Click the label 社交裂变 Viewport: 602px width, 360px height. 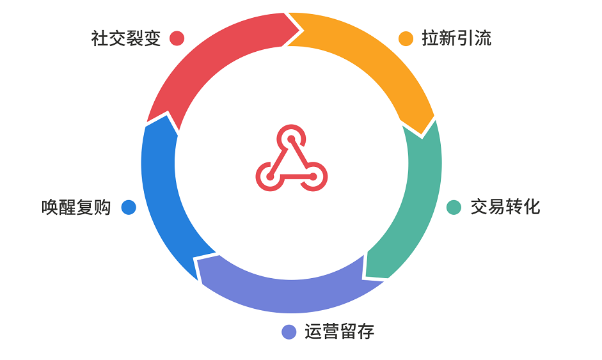click(126, 38)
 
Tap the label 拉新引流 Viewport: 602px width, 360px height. click(457, 38)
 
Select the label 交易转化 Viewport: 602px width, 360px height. click(505, 207)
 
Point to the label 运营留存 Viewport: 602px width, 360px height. click(339, 332)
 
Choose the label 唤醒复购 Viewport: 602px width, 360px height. click(76, 207)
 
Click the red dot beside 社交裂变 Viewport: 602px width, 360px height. click(177, 38)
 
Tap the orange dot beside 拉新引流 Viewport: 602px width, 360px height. click(406, 38)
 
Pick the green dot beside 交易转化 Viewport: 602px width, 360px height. click(454, 207)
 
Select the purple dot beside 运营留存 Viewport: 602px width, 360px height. click(289, 332)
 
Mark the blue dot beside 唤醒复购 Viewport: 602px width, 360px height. click(129, 207)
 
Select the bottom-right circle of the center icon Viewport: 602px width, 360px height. click(313, 176)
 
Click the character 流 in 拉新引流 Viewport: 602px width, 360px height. click(483, 38)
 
